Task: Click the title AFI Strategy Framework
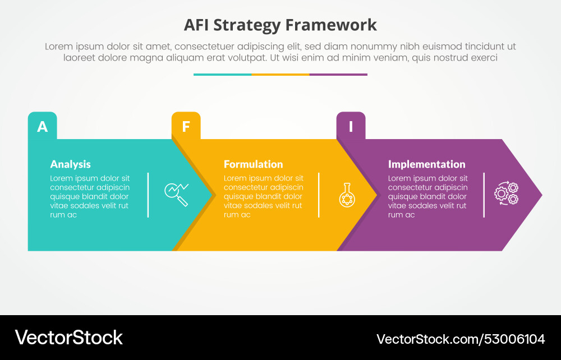(x=280, y=25)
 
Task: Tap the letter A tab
(x=43, y=126)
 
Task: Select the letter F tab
(x=186, y=126)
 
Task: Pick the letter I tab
(x=351, y=126)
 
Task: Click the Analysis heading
(x=70, y=164)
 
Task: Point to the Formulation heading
(x=253, y=164)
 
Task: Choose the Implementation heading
(x=426, y=164)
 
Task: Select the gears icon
(x=506, y=193)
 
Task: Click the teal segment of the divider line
(x=222, y=74)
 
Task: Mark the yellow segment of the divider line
(x=280, y=74)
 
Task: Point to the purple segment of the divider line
(x=338, y=74)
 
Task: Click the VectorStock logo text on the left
(x=68, y=337)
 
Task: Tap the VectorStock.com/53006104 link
(x=461, y=339)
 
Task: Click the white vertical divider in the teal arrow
(x=148, y=195)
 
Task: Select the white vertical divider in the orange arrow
(x=319, y=195)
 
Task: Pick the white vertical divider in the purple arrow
(x=484, y=195)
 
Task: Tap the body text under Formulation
(x=263, y=196)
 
